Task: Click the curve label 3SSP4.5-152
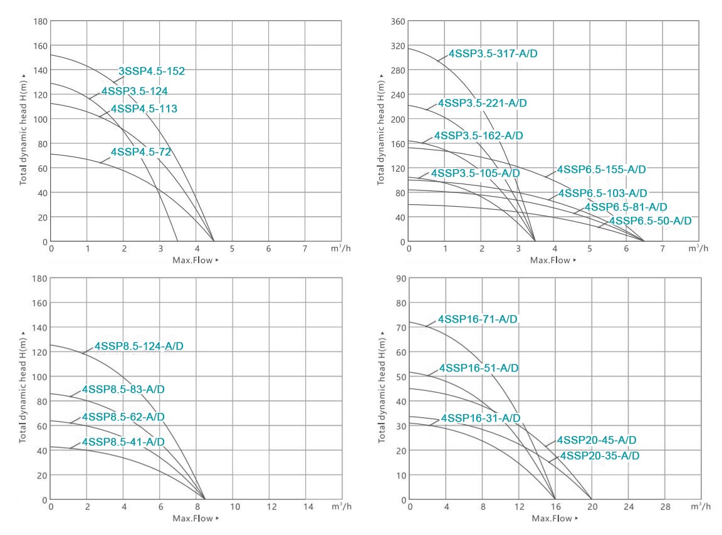(x=152, y=71)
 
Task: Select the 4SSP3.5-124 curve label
(x=134, y=91)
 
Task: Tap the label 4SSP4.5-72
(x=140, y=152)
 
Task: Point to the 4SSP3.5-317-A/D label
(x=493, y=54)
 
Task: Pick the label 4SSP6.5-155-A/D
(x=601, y=170)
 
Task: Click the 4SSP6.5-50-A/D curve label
(x=650, y=221)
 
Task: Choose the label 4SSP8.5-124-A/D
(x=139, y=346)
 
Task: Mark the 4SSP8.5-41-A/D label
(x=123, y=442)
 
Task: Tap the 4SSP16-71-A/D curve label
(x=478, y=319)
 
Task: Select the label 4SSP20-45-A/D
(x=597, y=440)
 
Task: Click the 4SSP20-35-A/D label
(x=600, y=456)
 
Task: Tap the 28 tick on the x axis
(x=664, y=506)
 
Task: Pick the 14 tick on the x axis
(x=306, y=506)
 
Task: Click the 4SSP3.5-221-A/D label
(x=482, y=103)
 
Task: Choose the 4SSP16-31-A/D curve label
(x=480, y=418)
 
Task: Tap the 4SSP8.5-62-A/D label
(x=123, y=417)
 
